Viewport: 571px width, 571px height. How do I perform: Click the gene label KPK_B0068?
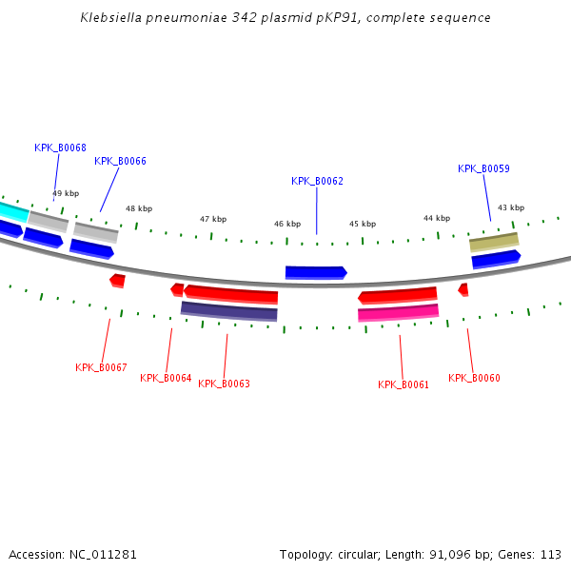point(60,148)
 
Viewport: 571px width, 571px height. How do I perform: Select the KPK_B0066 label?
point(120,161)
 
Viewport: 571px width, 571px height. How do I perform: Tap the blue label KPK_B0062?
point(317,181)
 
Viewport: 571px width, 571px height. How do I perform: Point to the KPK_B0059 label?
point(483,168)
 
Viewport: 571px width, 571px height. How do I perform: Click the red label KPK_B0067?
point(101,367)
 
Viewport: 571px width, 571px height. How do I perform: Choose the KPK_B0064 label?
point(166,378)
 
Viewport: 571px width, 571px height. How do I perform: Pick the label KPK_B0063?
point(224,384)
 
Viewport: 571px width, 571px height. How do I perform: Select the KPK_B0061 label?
point(404,384)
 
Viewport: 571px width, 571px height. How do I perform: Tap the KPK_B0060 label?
point(474,378)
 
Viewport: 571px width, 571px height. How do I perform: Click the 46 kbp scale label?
point(287,225)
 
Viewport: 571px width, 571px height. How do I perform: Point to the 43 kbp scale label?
point(511,207)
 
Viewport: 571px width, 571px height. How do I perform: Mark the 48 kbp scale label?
point(139,208)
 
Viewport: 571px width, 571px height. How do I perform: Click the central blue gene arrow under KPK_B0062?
point(316,273)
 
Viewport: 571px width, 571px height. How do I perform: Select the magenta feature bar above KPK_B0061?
point(398,312)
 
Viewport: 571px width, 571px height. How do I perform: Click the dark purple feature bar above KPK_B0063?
point(228,311)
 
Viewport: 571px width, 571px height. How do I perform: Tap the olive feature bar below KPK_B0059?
point(494,242)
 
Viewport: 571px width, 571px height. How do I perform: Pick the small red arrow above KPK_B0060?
point(463,288)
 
